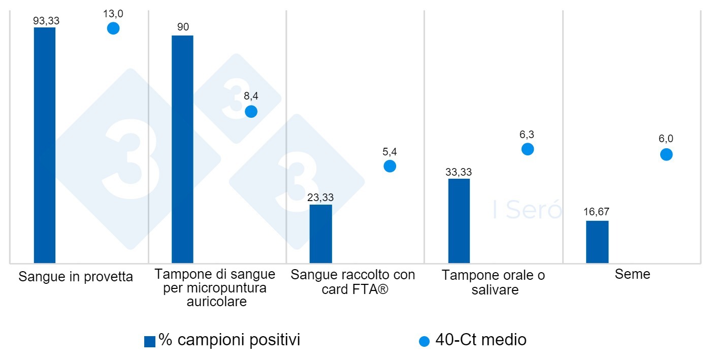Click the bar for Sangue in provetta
click(45, 145)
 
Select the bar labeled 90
click(182, 149)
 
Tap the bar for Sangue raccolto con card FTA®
click(320, 234)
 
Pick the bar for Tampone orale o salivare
click(459, 221)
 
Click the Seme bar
click(597, 242)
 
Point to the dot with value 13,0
click(113, 28)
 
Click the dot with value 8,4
click(251, 112)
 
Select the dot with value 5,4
click(390, 166)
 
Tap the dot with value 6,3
click(528, 149)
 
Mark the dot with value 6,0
click(666, 154)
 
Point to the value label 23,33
click(320, 198)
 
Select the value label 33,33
click(459, 172)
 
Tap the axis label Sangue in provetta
click(76, 277)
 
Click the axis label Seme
click(632, 274)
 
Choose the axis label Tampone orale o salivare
click(493, 282)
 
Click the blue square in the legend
click(150, 342)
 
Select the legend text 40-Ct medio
click(480, 340)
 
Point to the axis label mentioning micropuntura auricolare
click(215, 288)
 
